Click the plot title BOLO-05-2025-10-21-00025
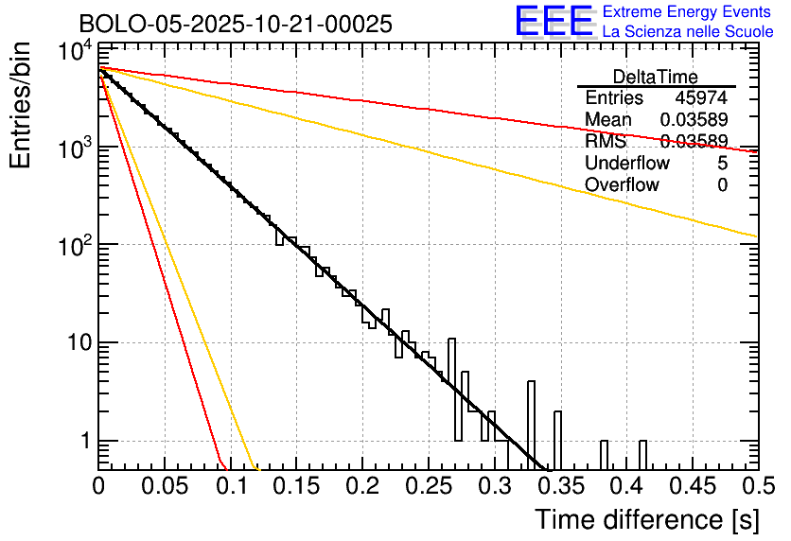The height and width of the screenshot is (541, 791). point(236,25)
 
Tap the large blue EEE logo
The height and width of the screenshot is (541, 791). point(554,22)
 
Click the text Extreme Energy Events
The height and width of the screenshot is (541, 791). point(688,12)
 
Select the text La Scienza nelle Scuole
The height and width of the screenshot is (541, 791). point(688,32)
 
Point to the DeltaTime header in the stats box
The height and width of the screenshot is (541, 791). point(656,77)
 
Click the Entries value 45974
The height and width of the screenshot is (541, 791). point(701,98)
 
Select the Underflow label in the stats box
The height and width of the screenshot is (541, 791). point(627,164)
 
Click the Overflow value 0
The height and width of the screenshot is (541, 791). point(722,185)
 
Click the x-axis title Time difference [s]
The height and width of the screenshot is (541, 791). point(646,519)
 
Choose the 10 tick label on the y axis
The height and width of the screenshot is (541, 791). point(78,342)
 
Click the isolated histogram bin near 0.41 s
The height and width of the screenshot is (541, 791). point(642,455)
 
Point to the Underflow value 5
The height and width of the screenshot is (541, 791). point(722,164)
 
